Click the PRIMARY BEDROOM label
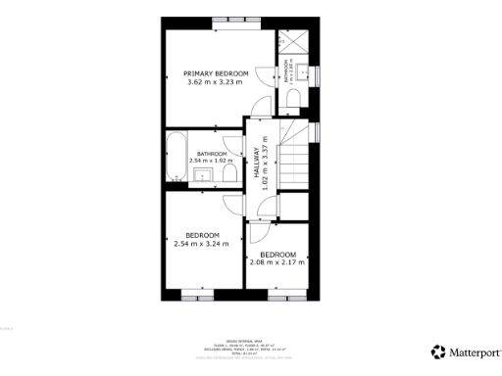click(x=216, y=73)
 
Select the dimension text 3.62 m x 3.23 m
click(x=216, y=82)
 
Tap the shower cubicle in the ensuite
click(x=293, y=44)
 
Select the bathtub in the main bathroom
click(x=176, y=157)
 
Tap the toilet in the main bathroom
click(x=227, y=173)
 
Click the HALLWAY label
click(x=256, y=162)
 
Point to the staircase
click(x=294, y=162)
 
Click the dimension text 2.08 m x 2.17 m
click(x=277, y=261)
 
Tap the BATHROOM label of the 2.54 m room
click(x=212, y=154)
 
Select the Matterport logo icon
click(x=437, y=351)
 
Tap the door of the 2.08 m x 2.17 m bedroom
click(x=257, y=233)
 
